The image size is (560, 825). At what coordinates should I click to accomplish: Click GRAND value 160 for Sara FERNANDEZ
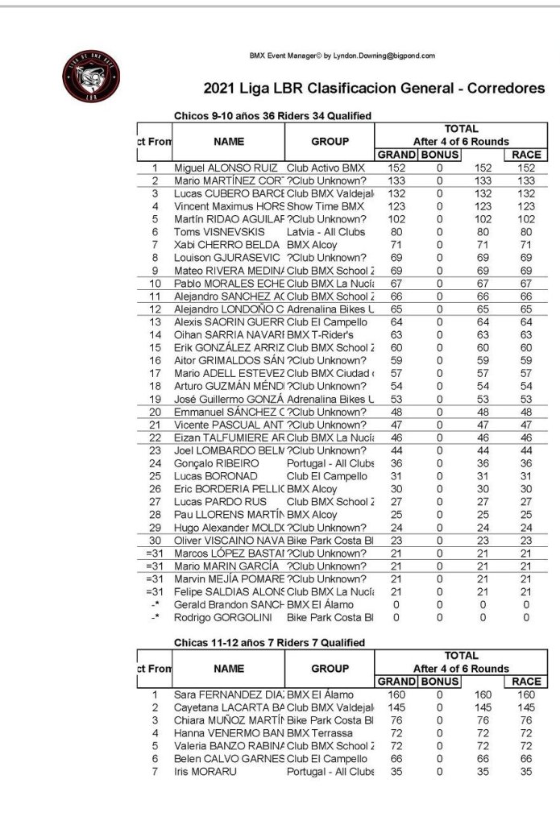[x=395, y=694]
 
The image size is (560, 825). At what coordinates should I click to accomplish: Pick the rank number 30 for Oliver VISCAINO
[x=156, y=540]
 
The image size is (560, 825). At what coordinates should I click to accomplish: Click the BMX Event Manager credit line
[x=342, y=56]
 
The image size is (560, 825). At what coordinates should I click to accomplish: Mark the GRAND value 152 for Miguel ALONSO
[x=395, y=168]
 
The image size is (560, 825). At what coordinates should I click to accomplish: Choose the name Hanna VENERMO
[x=230, y=733]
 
